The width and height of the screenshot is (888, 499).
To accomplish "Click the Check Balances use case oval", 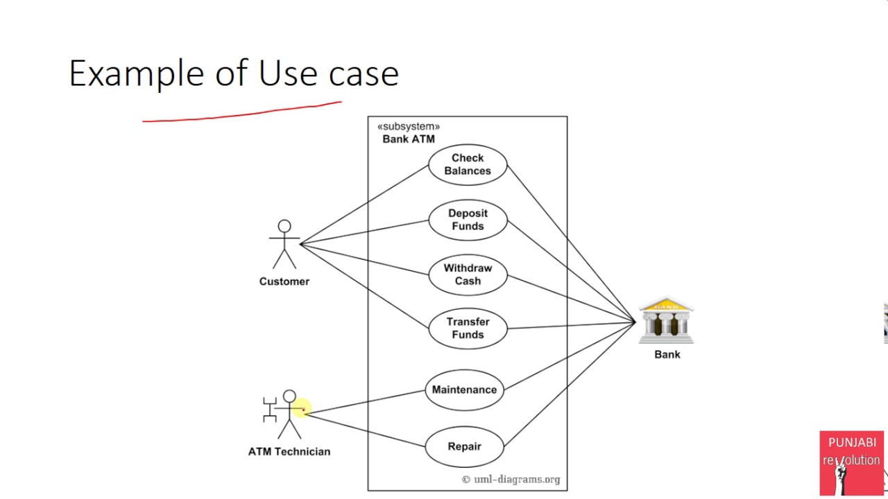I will point(468,165).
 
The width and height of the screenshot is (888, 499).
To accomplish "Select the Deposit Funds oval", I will point(468,220).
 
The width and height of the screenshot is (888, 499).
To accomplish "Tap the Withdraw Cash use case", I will point(468,274).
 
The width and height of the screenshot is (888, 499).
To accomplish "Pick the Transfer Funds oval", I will point(468,329).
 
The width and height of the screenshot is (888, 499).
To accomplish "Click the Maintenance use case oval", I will point(464,389).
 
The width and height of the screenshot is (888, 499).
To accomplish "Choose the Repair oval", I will point(464,446).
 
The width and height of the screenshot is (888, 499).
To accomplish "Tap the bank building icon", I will point(666,321).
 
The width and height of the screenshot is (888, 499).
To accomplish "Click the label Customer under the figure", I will point(284,281).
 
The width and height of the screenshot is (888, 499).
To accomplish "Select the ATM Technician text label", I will point(289,452).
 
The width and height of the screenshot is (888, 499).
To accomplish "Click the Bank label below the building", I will point(667,354).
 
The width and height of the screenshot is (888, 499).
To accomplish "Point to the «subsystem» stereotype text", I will point(409,127).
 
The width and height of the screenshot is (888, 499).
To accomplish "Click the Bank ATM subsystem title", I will point(409,139).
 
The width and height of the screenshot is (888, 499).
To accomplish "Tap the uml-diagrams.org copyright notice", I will point(511,480).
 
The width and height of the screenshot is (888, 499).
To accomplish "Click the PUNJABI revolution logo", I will point(851,462).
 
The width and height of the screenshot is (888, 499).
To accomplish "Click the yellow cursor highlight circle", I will point(302,408).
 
